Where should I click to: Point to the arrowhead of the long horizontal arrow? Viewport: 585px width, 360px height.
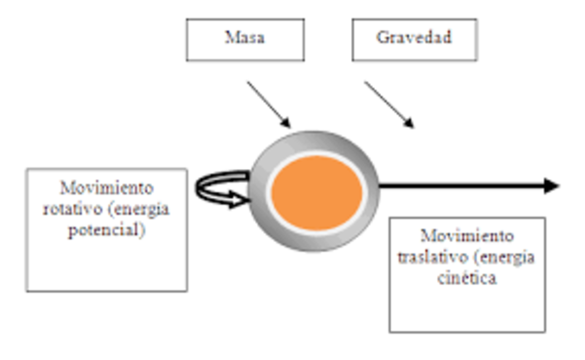[x=550, y=186]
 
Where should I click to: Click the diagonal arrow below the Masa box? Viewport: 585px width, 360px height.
[x=268, y=102]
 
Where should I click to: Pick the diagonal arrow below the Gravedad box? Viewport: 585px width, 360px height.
[x=389, y=103]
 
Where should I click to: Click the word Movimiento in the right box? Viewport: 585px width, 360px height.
[x=467, y=236]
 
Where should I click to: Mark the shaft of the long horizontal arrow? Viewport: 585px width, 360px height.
[x=457, y=186]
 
